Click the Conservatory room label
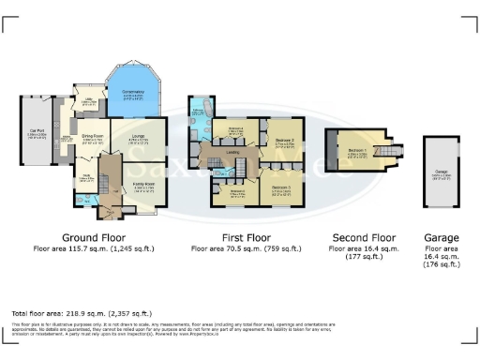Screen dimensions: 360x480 click(x=133, y=93)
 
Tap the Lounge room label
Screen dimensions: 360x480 click(x=139, y=136)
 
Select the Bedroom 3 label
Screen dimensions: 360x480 click(x=281, y=188)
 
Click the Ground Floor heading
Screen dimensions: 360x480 click(x=94, y=237)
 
